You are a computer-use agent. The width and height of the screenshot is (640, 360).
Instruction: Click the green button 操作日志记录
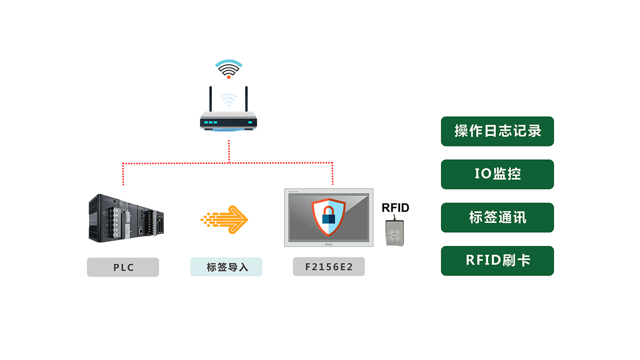coord(497,131)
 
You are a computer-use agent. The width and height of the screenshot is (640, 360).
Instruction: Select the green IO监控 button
coord(497,174)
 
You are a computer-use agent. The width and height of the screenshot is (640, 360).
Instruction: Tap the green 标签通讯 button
coord(497,217)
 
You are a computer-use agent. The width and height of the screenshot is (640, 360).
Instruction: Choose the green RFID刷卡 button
coord(497,260)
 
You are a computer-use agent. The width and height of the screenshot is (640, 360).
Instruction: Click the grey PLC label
coord(123,267)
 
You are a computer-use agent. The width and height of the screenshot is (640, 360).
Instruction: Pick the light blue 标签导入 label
coord(226,267)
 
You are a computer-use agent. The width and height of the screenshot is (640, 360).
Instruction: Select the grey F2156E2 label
coord(328,267)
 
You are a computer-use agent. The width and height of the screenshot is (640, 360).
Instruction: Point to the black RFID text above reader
coord(395,208)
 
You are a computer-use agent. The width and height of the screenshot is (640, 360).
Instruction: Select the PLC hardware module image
coord(126,218)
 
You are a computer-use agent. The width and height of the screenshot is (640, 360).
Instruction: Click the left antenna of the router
coord(211,100)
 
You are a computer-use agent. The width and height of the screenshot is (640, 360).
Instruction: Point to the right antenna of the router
coord(246,100)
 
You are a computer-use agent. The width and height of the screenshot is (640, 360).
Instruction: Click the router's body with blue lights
coord(228,122)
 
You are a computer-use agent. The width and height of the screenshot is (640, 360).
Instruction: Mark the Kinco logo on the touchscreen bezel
coord(328,244)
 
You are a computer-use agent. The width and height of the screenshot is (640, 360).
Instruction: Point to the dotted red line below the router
coord(229,151)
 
